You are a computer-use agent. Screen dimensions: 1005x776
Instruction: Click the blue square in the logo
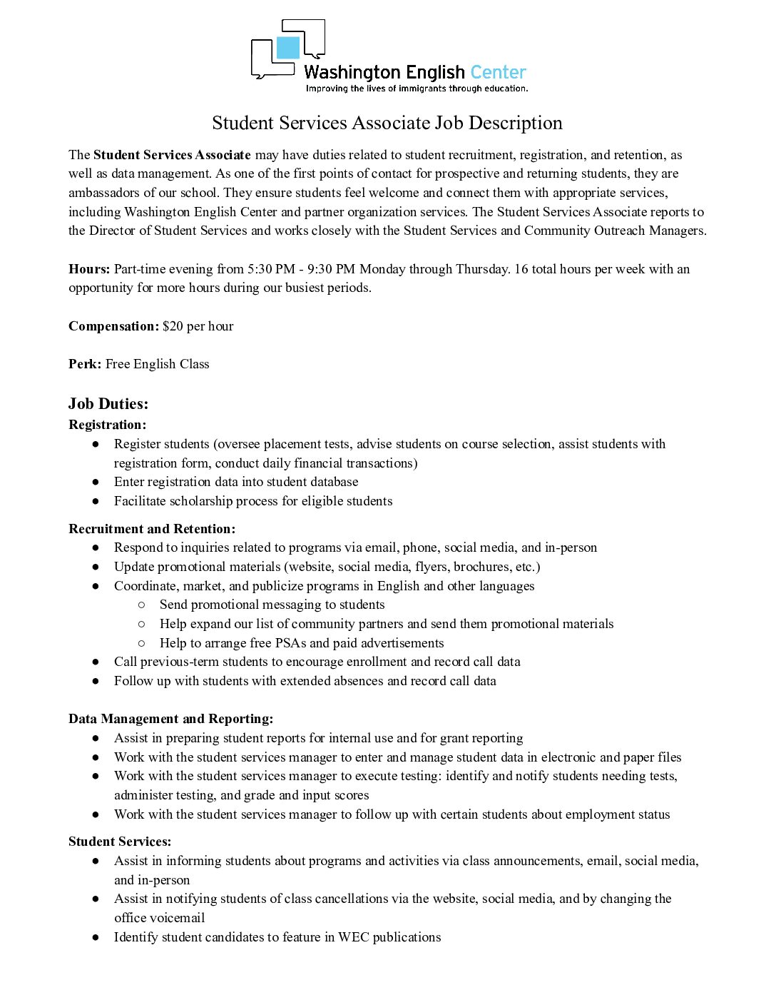click(x=288, y=48)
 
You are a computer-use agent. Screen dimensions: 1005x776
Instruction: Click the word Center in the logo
click(x=498, y=72)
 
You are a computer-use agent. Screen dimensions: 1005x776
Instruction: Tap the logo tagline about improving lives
click(x=417, y=89)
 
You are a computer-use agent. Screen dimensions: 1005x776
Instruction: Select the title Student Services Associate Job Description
click(x=387, y=123)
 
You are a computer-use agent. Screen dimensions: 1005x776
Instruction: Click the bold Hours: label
click(x=89, y=269)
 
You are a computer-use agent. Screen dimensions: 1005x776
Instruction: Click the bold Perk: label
click(x=85, y=364)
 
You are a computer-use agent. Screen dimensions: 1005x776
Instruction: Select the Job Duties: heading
click(x=108, y=404)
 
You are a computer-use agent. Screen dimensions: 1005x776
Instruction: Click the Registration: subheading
click(x=107, y=425)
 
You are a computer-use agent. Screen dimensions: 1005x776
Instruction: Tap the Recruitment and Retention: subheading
click(x=152, y=529)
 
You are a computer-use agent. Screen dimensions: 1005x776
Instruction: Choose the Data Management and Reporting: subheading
click(x=171, y=719)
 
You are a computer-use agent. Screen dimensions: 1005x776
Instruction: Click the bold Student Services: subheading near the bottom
click(x=120, y=842)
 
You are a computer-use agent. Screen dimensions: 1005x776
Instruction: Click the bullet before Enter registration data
click(x=96, y=483)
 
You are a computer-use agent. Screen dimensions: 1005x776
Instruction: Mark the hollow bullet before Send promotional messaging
click(x=141, y=605)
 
